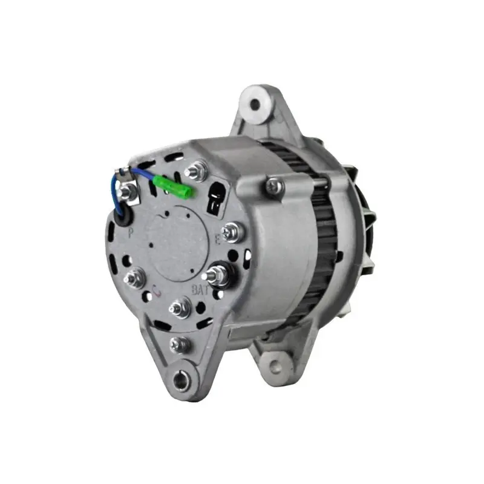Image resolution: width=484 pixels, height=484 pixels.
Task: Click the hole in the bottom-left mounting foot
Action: click(x=178, y=380)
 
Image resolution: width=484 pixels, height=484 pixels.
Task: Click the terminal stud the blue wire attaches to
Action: click(x=126, y=192)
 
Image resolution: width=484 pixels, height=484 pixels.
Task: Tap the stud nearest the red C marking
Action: click(x=179, y=306)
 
